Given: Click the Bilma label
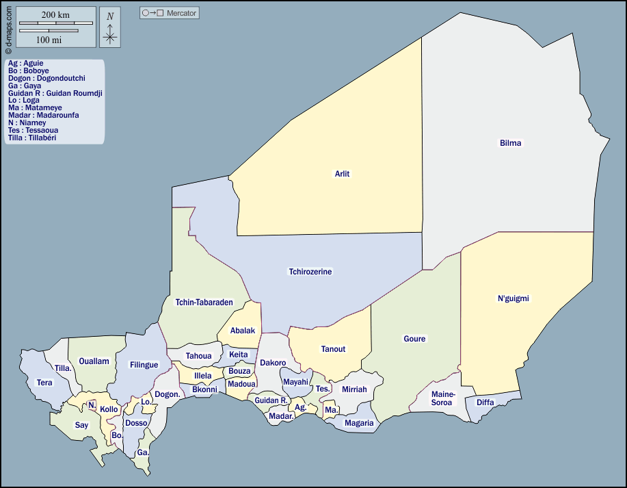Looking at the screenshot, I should tap(510, 143).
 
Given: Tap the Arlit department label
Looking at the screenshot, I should tap(342, 174).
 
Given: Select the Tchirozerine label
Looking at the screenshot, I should tap(310, 272).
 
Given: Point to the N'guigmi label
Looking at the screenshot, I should tap(513, 298).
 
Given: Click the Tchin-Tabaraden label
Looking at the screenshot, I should tap(204, 302).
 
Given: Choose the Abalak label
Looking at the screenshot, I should tap(242, 331).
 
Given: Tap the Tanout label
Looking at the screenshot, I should tap(333, 349).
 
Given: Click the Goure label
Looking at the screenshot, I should tap(414, 339).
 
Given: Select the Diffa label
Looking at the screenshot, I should tap(485, 402).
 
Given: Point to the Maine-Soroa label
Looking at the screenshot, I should tap(442, 398).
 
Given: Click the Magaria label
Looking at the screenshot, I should tap(359, 423).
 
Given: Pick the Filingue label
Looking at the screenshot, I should tap(144, 365).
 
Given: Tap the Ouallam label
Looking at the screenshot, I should tap(94, 361).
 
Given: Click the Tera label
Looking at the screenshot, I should tap(44, 383).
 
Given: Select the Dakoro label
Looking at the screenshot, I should tap(273, 363).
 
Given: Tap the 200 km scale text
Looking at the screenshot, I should tap(55, 14).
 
